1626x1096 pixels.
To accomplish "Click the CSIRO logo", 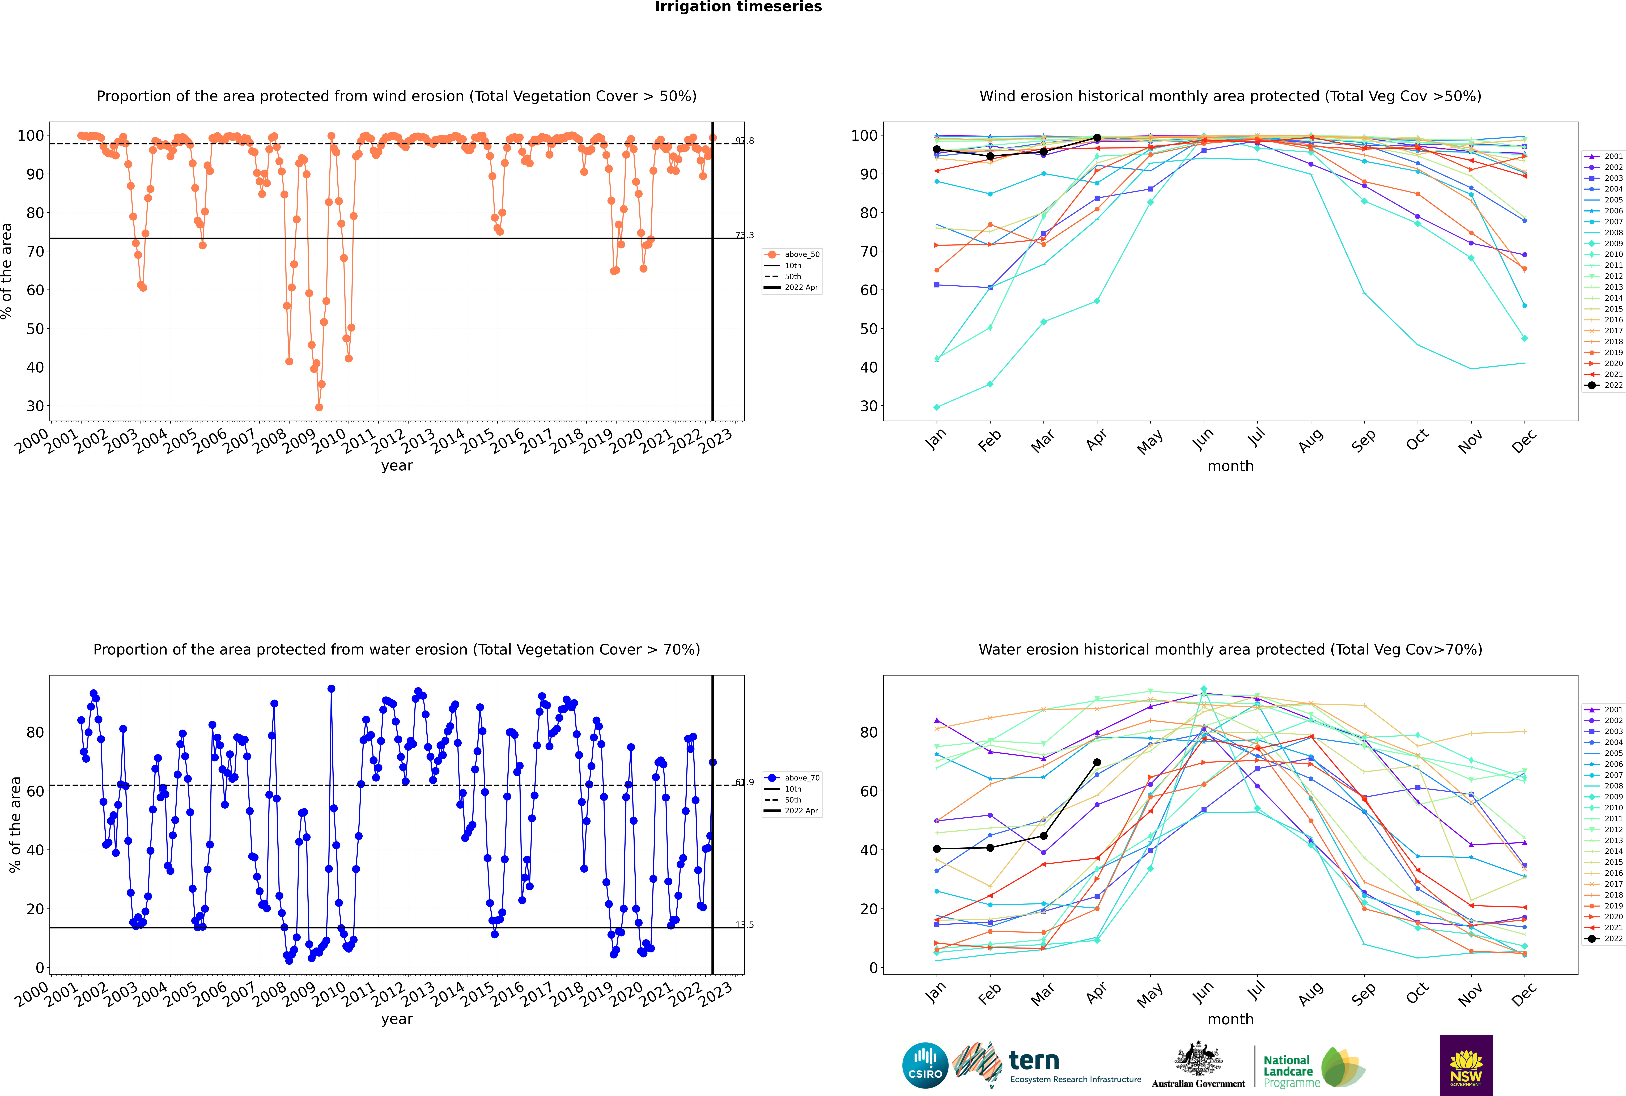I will pyautogui.click(x=925, y=1065).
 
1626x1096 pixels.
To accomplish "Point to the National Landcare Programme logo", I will pyautogui.click(x=1313, y=1067).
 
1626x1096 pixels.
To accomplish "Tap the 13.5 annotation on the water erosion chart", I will pyautogui.click(x=745, y=925).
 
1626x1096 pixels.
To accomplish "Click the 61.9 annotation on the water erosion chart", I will pyautogui.click(x=745, y=782).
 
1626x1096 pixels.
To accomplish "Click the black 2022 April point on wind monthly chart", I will pyautogui.click(x=1097, y=138).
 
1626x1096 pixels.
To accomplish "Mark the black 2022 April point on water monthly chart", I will pyautogui.click(x=1097, y=763).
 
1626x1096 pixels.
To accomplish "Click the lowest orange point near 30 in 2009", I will pyautogui.click(x=319, y=407).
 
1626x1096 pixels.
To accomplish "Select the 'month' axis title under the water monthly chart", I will pyautogui.click(x=1230, y=1019).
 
